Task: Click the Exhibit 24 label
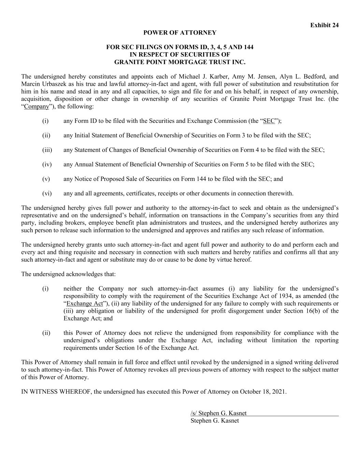(324, 25)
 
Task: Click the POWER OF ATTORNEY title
(180, 33)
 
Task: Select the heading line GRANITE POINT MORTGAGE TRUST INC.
(180, 62)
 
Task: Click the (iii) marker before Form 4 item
(47, 150)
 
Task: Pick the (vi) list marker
(47, 194)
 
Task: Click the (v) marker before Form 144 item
(46, 179)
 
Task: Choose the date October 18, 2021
(263, 392)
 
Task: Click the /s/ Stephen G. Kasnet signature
(218, 413)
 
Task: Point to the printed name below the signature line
(215, 421)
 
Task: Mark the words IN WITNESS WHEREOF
(56, 392)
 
